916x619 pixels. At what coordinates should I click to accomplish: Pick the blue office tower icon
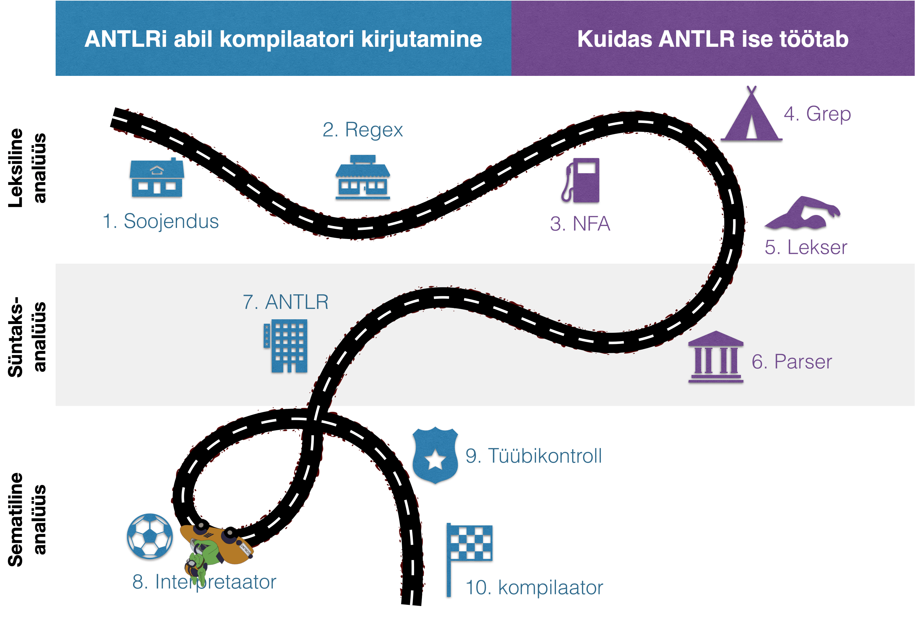pyautogui.click(x=286, y=346)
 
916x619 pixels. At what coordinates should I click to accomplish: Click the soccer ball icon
pyautogui.click(x=150, y=537)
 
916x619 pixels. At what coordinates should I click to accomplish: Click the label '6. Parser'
pyautogui.click(x=791, y=362)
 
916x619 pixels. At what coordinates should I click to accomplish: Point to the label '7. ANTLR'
pyautogui.click(x=285, y=303)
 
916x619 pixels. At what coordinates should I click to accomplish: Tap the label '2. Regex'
pyautogui.click(x=363, y=130)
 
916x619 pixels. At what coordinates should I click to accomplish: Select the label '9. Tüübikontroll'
pyautogui.click(x=534, y=456)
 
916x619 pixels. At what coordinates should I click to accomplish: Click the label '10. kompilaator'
pyautogui.click(x=534, y=587)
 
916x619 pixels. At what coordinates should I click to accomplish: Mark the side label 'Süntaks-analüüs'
pyautogui.click(x=27, y=337)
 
